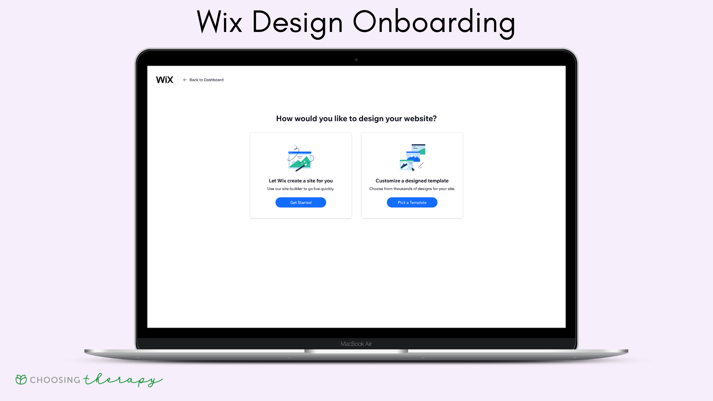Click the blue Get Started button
(301, 202)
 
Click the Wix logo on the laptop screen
(165, 80)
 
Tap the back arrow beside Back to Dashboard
(185, 80)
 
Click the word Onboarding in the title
(434, 22)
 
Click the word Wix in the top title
(219, 22)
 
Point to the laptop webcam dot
(356, 60)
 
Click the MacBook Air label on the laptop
(356, 344)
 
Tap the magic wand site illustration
(301, 158)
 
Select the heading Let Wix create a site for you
(301, 181)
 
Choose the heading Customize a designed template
(412, 181)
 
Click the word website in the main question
(419, 118)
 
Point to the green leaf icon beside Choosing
(21, 379)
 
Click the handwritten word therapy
(123, 380)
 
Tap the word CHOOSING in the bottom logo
(55, 380)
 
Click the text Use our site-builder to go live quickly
(301, 189)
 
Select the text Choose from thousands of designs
(400, 189)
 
